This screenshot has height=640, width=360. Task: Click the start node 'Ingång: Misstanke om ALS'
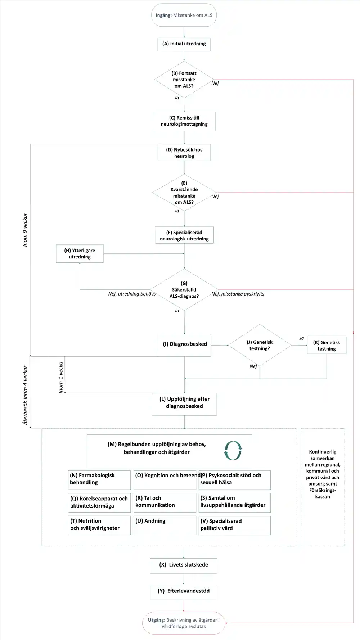[x=184, y=15]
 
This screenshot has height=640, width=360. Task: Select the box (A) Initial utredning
[x=184, y=44]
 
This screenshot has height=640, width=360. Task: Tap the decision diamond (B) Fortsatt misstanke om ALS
[x=184, y=80]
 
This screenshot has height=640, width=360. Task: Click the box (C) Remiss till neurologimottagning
[x=184, y=121]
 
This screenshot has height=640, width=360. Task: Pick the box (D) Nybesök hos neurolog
[x=184, y=153]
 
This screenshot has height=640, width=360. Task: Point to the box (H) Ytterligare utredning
[x=80, y=253]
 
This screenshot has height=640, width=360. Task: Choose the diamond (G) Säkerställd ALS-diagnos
[x=184, y=290]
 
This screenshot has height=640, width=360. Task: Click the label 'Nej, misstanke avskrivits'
[x=238, y=294]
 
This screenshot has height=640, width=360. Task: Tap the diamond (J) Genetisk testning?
[x=260, y=345]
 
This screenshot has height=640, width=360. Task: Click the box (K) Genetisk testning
[x=327, y=346]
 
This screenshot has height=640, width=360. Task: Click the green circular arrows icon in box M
[x=233, y=451]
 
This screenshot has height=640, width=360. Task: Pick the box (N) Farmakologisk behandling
[x=99, y=480]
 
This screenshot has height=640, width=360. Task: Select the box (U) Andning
[x=165, y=525]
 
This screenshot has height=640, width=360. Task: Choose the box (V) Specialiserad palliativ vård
[x=234, y=525]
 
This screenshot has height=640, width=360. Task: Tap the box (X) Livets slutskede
[x=184, y=566]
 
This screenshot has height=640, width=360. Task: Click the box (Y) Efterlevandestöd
[x=184, y=592]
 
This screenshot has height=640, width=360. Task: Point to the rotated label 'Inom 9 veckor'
[x=25, y=230]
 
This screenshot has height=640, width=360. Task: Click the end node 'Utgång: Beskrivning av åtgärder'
[x=184, y=623]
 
